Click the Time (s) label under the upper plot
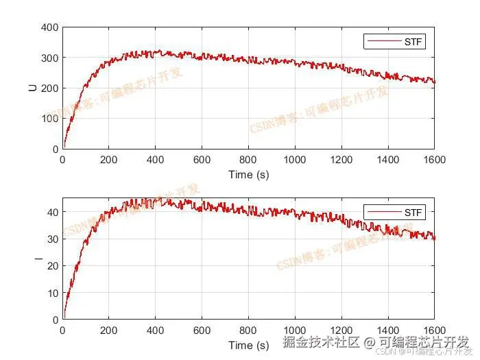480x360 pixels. [x=248, y=174]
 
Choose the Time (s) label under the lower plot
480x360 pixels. [x=248, y=344]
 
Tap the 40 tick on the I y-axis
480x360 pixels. [x=52, y=212]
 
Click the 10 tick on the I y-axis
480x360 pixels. [x=52, y=293]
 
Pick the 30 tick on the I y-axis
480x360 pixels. [x=52, y=239]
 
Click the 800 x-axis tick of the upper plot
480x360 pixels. [x=248, y=160]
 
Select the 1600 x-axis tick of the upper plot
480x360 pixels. [x=435, y=160]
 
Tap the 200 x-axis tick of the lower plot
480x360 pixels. [x=109, y=330]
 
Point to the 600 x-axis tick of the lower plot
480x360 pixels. [x=202, y=330]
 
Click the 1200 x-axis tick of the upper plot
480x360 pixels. [x=341, y=160]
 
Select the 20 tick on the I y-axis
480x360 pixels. [x=52, y=266]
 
